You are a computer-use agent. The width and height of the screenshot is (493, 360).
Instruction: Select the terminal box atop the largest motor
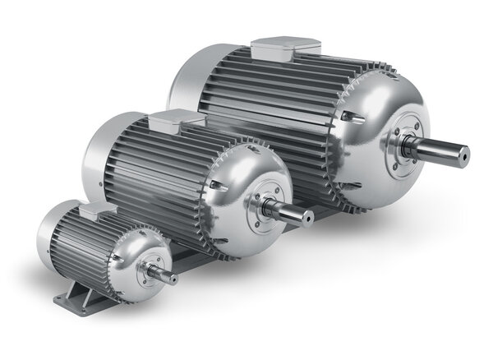tap(283, 47)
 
